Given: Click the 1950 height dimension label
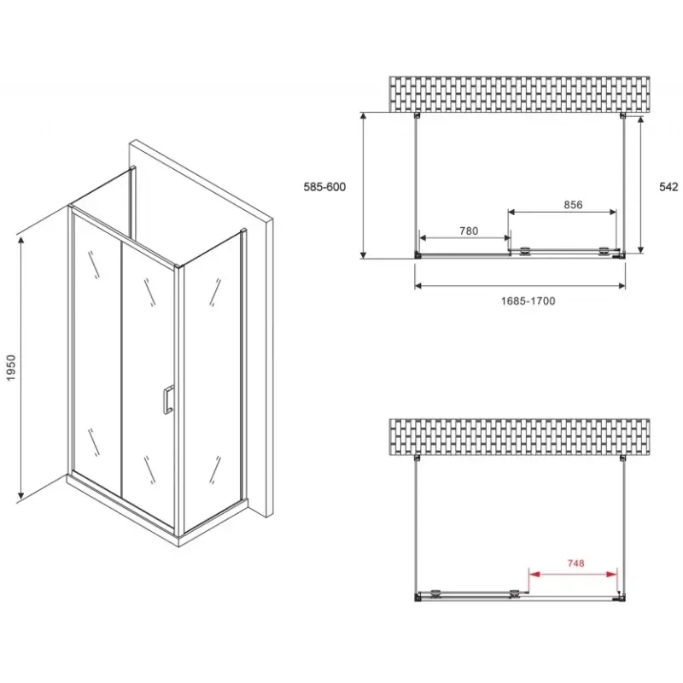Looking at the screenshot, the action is pyautogui.click(x=11, y=368).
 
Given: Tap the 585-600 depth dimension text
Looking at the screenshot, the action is pyautogui.click(x=324, y=187).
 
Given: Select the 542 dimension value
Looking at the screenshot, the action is pyautogui.click(x=668, y=187).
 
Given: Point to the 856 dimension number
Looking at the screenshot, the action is pyautogui.click(x=573, y=204).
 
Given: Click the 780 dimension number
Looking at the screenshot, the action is pyautogui.click(x=469, y=231).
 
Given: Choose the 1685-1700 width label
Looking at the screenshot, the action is pyautogui.click(x=528, y=301).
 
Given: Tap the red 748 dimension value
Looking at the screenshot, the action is pyautogui.click(x=575, y=563).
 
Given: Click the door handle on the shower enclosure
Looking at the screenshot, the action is pyautogui.click(x=167, y=399).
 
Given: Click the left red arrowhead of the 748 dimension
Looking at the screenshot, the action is pyautogui.click(x=534, y=575).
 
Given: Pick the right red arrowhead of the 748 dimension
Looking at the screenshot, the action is pyautogui.click(x=612, y=575).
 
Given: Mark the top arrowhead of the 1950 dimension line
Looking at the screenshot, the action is pyautogui.click(x=20, y=241).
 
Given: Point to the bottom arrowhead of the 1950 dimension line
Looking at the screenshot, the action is pyautogui.click(x=20, y=493).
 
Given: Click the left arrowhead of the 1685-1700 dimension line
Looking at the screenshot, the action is pyautogui.click(x=418, y=286).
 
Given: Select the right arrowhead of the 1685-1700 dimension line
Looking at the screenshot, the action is pyautogui.click(x=622, y=286).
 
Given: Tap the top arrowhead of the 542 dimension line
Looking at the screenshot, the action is pyautogui.click(x=640, y=120).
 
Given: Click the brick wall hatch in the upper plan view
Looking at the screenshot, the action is pyautogui.click(x=519, y=94).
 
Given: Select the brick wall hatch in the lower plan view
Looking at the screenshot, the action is pyautogui.click(x=519, y=437).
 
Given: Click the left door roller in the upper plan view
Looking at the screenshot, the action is pyautogui.click(x=526, y=250).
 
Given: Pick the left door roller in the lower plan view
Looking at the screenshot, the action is pyautogui.click(x=435, y=593).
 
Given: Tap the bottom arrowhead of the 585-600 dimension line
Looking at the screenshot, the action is pyautogui.click(x=363, y=253).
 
